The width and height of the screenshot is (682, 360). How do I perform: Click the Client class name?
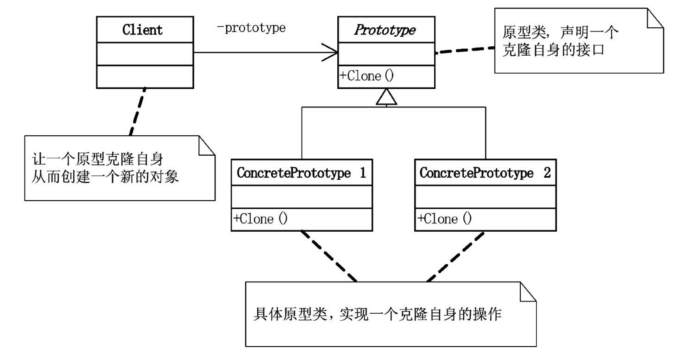click(142, 30)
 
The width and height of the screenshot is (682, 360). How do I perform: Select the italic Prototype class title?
click(385, 30)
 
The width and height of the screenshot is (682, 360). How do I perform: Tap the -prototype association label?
click(251, 28)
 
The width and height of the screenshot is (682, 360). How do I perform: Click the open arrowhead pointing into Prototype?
click(330, 52)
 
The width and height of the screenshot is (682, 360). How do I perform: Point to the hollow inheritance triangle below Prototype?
click(387, 98)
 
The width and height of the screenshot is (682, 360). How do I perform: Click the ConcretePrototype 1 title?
click(301, 173)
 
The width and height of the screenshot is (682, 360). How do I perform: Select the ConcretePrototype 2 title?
click(485, 173)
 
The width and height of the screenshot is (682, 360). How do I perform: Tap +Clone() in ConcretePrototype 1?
click(260, 219)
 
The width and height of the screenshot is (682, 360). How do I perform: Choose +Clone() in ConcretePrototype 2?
click(444, 219)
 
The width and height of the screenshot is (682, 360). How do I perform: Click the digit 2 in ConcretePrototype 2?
click(547, 173)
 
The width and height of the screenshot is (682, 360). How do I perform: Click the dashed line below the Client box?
click(138, 112)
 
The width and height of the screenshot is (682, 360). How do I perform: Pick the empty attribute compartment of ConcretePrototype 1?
click(301, 197)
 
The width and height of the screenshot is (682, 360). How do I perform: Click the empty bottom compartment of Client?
click(145, 77)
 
